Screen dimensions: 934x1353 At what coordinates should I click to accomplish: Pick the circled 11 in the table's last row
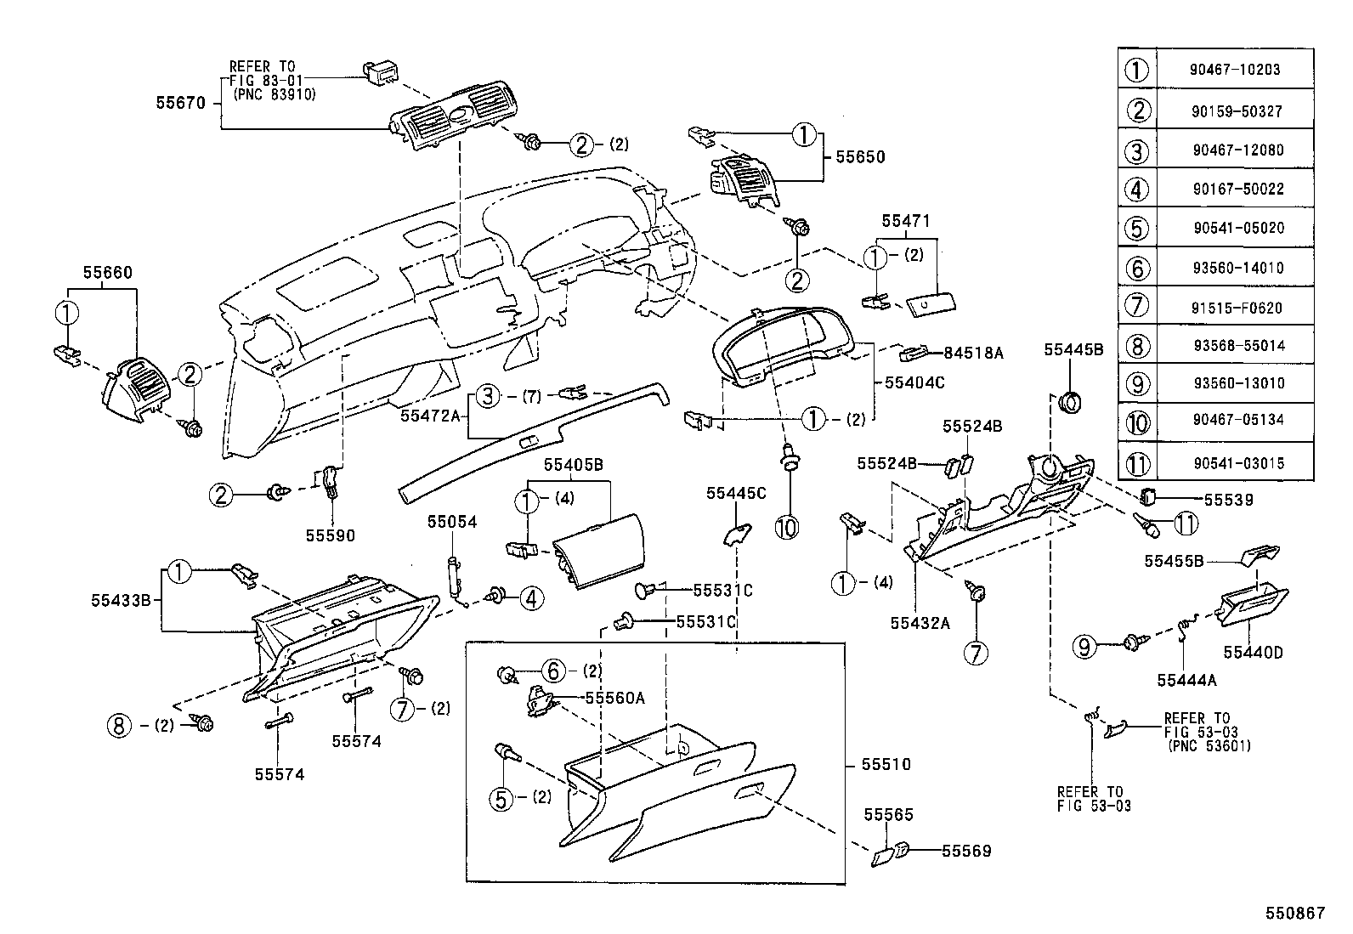[1138, 463]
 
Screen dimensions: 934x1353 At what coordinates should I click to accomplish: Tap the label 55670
[180, 103]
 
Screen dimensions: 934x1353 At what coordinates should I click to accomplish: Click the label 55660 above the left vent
[107, 273]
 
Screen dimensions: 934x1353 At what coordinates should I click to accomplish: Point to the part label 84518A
[973, 352]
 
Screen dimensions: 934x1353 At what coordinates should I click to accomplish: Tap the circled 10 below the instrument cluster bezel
[787, 527]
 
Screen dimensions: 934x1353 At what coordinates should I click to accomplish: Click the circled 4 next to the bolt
[530, 598]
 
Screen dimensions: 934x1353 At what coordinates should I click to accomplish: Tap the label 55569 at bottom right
[966, 851]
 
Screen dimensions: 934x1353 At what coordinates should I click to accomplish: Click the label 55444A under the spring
[1186, 680]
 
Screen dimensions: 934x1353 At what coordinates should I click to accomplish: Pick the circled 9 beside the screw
[1085, 648]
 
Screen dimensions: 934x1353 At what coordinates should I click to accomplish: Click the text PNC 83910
[274, 95]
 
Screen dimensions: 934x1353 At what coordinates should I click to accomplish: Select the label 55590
[331, 535]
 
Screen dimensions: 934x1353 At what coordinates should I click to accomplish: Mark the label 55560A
[615, 698]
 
